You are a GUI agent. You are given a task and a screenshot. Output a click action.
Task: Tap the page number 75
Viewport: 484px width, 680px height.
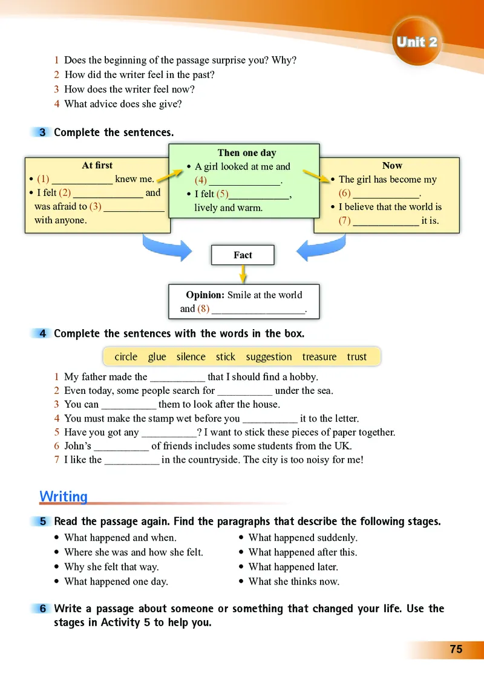click(456, 649)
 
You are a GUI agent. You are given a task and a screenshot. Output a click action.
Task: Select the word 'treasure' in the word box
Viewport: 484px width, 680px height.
click(319, 357)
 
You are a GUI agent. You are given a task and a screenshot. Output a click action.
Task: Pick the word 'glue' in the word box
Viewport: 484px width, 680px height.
click(157, 357)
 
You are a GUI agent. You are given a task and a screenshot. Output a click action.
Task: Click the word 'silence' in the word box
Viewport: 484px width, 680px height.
click(191, 357)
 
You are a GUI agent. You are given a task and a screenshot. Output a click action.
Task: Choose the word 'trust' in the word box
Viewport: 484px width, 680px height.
click(357, 357)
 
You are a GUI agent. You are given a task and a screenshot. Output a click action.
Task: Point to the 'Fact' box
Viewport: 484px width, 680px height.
click(243, 255)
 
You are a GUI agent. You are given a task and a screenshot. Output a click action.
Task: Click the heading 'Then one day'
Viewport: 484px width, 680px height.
click(246, 153)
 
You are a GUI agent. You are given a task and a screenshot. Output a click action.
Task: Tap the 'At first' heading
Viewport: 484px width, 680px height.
click(97, 165)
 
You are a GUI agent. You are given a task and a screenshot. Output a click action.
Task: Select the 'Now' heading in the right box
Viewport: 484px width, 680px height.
click(392, 165)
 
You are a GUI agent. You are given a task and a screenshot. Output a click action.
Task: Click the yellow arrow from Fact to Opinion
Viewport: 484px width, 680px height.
click(243, 275)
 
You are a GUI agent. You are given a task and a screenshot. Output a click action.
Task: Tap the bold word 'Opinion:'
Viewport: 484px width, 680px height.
click(205, 295)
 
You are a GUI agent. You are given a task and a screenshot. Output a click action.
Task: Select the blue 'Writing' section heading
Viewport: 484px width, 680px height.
click(64, 497)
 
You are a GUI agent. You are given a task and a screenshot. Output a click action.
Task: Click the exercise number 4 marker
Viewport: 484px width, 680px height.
click(43, 333)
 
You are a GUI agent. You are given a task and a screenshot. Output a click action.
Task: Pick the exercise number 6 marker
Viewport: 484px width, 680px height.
click(43, 609)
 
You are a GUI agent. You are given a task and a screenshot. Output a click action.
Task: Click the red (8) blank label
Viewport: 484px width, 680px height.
click(203, 309)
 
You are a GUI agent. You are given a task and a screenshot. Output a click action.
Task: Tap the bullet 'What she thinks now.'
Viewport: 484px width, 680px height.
click(294, 581)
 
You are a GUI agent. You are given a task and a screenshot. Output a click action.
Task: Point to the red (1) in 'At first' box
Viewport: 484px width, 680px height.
click(43, 179)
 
